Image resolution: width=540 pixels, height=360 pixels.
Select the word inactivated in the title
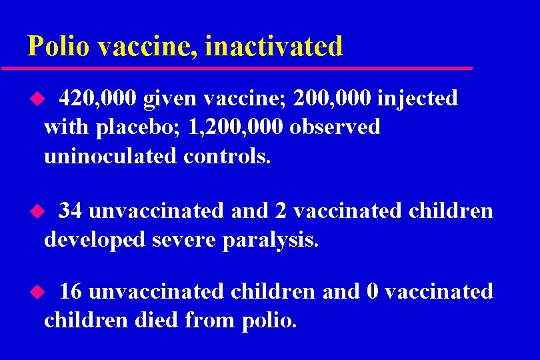click(x=274, y=46)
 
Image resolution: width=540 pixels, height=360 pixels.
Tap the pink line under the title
click(x=237, y=68)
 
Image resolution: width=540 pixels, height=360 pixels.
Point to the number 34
click(x=71, y=211)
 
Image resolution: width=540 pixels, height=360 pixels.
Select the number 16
click(x=71, y=292)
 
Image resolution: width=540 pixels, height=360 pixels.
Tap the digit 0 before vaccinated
click(x=373, y=292)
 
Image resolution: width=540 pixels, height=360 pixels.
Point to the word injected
click(x=417, y=99)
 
